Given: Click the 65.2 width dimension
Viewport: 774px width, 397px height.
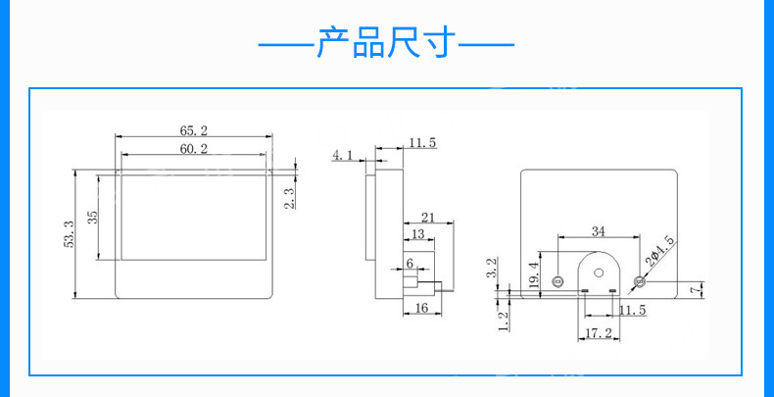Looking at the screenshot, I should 194,130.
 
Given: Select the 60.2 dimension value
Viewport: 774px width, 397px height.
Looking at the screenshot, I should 194,149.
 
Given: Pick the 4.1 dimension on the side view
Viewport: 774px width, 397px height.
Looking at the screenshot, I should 343,155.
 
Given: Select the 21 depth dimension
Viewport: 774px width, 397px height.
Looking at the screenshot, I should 428,217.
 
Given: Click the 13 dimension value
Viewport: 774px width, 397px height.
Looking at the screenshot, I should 417,235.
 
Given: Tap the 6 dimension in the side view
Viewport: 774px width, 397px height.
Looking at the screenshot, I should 410,264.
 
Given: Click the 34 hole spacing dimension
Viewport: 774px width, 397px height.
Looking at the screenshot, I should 597,231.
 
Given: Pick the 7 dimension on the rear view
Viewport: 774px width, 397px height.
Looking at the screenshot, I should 693,289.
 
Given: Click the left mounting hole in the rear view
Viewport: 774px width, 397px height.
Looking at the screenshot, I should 558,282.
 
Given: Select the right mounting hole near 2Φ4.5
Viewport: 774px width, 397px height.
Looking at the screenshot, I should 639,282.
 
